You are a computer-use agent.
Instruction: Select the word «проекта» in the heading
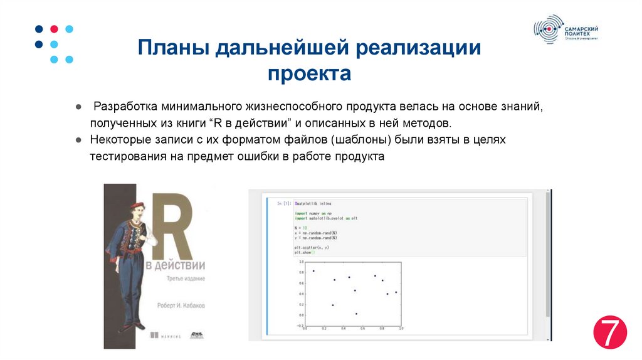tap(310, 75)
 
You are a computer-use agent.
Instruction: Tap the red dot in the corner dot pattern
tap(54, 29)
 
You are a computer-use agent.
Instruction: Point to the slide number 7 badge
tap(610, 332)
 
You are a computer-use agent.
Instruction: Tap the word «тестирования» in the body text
tap(128, 156)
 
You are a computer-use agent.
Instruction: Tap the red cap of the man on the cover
tap(137, 205)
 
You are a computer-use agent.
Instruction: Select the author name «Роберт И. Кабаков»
tap(181, 306)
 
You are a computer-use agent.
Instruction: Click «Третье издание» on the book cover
tap(186, 278)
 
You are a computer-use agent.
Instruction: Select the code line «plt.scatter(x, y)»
tap(312, 247)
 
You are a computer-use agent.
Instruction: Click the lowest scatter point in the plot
tap(356, 314)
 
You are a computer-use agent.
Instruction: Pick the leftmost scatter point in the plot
tap(313, 271)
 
